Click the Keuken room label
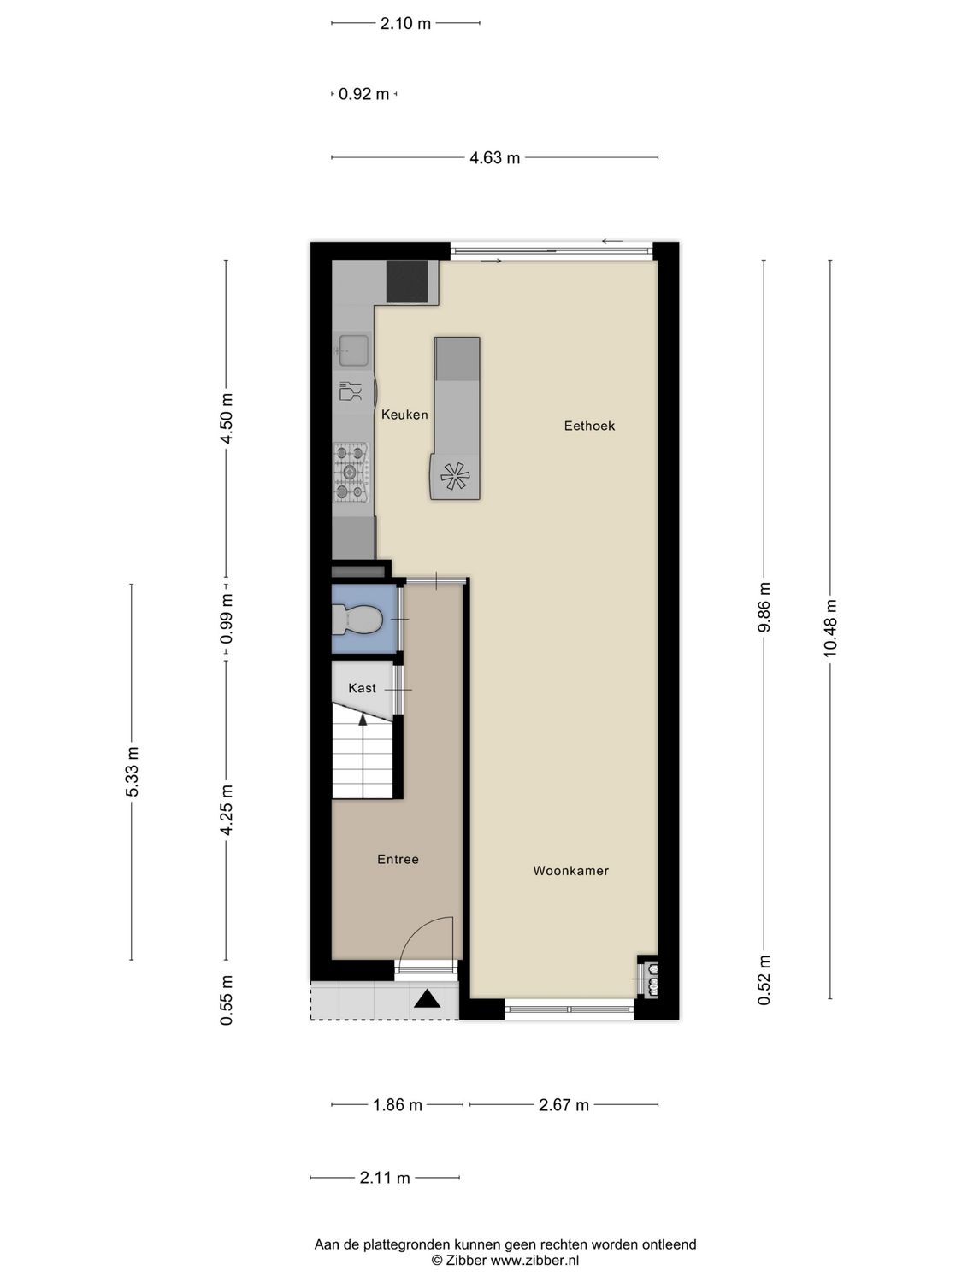click(x=404, y=415)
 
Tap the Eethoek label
click(x=589, y=426)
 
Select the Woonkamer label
click(x=570, y=871)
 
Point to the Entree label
click(x=398, y=860)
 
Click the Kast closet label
click(x=362, y=688)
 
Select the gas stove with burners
click(x=351, y=473)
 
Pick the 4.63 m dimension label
click(x=494, y=158)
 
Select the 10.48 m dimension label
click(x=830, y=628)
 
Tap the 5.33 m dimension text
click(x=132, y=772)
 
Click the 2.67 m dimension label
click(x=564, y=1105)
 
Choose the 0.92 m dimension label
click(x=363, y=94)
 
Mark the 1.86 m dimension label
click(x=397, y=1105)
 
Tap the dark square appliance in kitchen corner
click(x=407, y=281)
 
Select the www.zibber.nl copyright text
click(x=505, y=1260)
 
